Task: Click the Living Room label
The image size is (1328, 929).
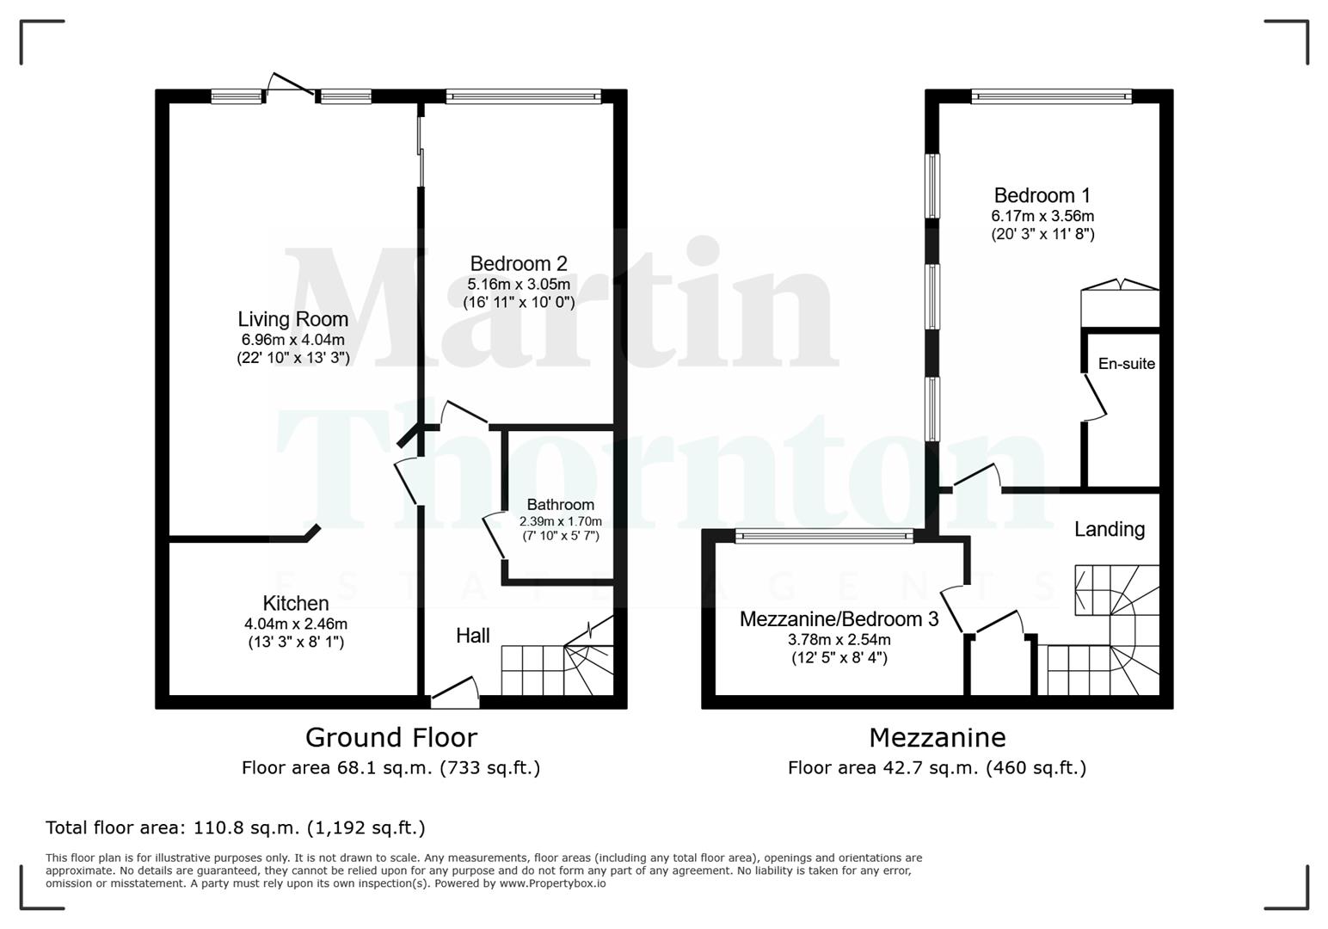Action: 292,319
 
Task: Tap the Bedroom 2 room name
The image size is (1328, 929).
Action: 518,264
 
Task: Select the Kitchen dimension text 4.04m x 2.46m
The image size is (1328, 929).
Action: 295,624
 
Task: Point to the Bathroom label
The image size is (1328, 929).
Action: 560,505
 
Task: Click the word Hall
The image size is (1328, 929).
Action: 472,636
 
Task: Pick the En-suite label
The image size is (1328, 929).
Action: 1126,364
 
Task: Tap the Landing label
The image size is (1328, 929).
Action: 1109,529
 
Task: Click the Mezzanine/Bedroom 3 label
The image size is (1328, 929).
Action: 839,619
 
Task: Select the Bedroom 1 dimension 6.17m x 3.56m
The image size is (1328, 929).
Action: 1042,216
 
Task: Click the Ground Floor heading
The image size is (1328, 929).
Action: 390,737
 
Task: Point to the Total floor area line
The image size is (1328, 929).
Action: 235,827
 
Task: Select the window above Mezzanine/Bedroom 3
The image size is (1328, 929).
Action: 824,537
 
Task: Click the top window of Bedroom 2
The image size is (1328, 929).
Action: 523,97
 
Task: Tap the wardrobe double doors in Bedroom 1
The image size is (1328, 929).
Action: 1119,286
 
